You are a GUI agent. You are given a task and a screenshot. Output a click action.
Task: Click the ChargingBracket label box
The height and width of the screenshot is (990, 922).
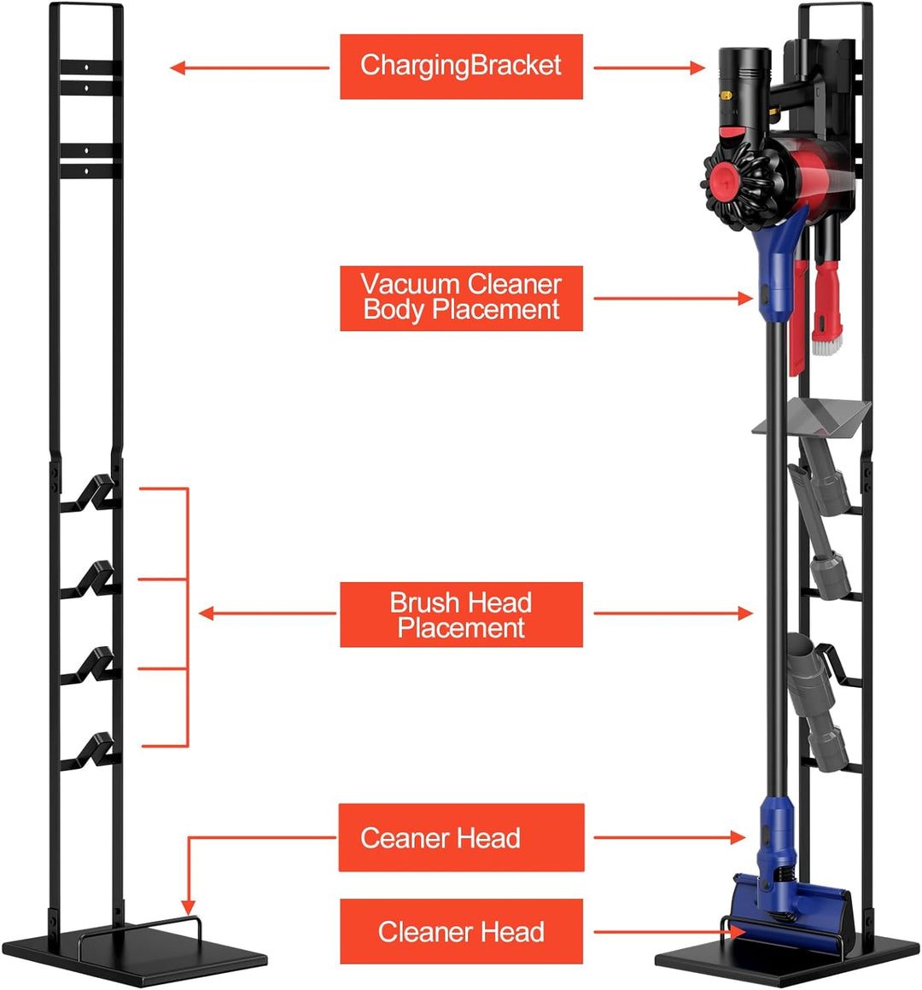pyautogui.click(x=461, y=67)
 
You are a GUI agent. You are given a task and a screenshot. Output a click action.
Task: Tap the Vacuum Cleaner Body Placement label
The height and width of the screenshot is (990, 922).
pyautogui.click(x=461, y=298)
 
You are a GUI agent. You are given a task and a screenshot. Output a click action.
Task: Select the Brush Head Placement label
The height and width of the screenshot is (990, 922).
pyautogui.click(x=461, y=614)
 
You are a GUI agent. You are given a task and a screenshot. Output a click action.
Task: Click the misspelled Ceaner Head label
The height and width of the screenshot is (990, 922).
pyautogui.click(x=461, y=837)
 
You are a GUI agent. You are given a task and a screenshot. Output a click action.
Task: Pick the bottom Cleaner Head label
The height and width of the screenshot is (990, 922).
pyautogui.click(x=461, y=931)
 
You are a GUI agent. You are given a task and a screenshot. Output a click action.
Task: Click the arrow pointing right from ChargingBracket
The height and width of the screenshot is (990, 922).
pyautogui.click(x=649, y=67)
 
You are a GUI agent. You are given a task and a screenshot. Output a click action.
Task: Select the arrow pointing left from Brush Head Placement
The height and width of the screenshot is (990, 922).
pyautogui.click(x=266, y=614)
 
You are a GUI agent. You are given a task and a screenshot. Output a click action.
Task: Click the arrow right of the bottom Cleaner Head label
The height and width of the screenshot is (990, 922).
pyautogui.click(x=670, y=932)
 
